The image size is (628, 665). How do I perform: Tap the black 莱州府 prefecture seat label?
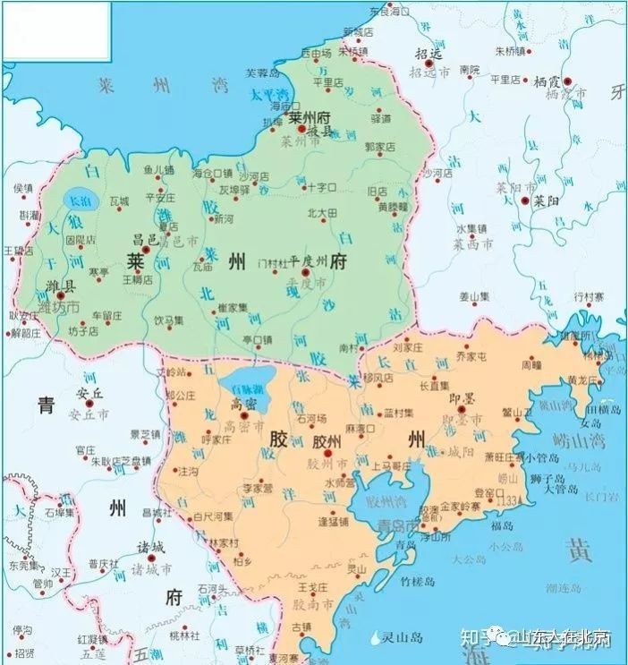pos(310,118)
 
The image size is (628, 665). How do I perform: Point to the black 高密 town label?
pos(245,404)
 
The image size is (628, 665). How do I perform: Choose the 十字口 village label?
pos(321,187)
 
